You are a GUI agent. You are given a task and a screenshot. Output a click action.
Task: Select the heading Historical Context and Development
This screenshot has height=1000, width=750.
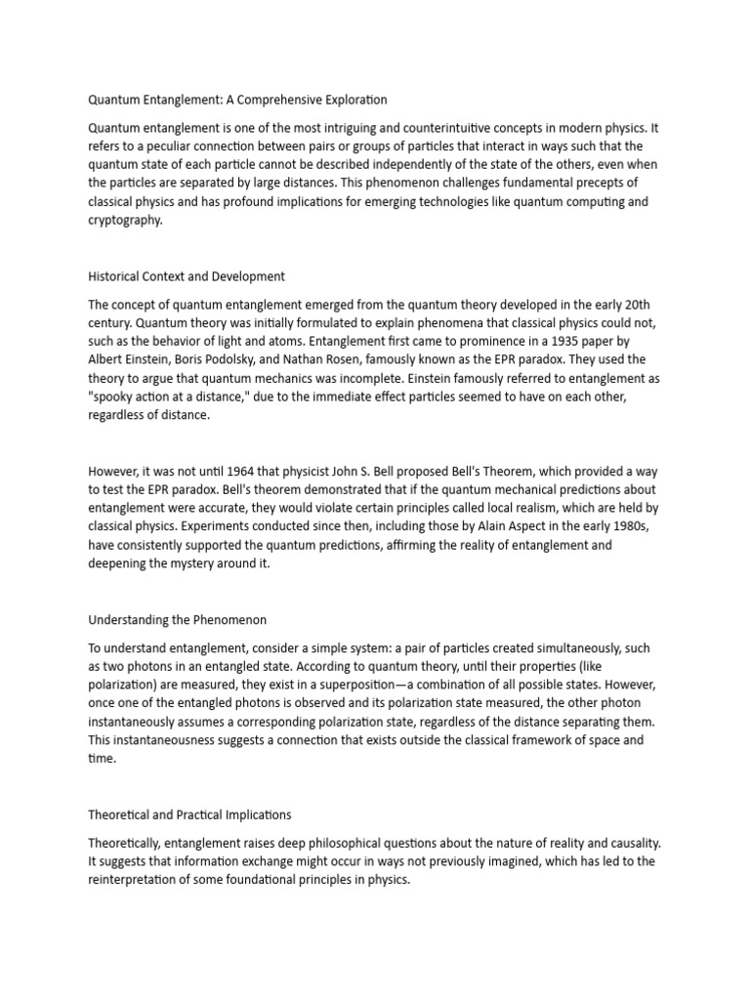187,276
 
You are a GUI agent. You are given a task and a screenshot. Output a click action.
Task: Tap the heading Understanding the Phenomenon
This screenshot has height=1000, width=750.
178,620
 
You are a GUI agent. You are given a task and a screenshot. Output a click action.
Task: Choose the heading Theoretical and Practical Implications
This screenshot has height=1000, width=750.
189,814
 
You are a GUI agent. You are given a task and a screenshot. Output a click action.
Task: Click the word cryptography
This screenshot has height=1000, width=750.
125,221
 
